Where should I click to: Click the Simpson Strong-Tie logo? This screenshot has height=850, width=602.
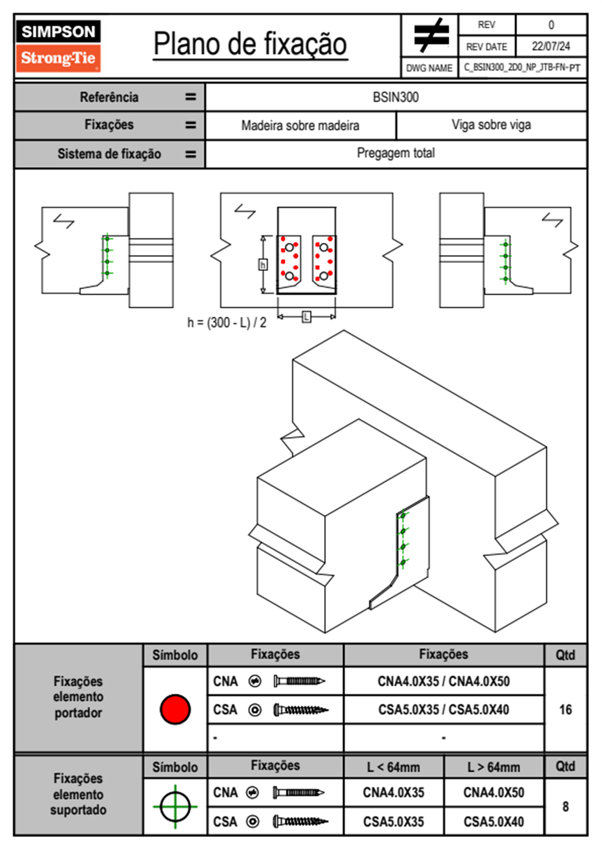58,46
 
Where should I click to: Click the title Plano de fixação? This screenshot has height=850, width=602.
250,44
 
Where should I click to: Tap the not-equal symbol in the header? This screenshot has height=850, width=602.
431,36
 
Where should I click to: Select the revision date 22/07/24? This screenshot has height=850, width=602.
550,46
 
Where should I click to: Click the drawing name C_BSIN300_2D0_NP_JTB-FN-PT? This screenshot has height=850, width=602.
522,68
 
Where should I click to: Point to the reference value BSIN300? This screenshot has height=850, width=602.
396,98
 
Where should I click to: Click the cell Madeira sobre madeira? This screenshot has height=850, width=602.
300,125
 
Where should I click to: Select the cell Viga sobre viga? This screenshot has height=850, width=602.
491,125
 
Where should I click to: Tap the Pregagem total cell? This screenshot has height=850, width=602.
396,153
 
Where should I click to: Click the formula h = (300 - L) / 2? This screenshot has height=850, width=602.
227,322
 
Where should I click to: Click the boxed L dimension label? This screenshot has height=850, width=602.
306,317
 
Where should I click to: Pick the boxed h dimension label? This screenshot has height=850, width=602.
263,265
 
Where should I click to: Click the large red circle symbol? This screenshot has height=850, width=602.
175,709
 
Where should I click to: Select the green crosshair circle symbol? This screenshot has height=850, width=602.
175,807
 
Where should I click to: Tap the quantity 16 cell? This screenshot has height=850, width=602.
565,710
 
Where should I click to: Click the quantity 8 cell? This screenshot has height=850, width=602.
565,807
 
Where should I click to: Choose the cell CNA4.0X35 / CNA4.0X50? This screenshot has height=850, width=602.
444,681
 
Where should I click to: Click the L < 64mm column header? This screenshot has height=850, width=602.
394,767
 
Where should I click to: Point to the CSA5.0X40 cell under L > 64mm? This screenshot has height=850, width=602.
494,822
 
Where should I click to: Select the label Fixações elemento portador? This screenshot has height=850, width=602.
78,697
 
